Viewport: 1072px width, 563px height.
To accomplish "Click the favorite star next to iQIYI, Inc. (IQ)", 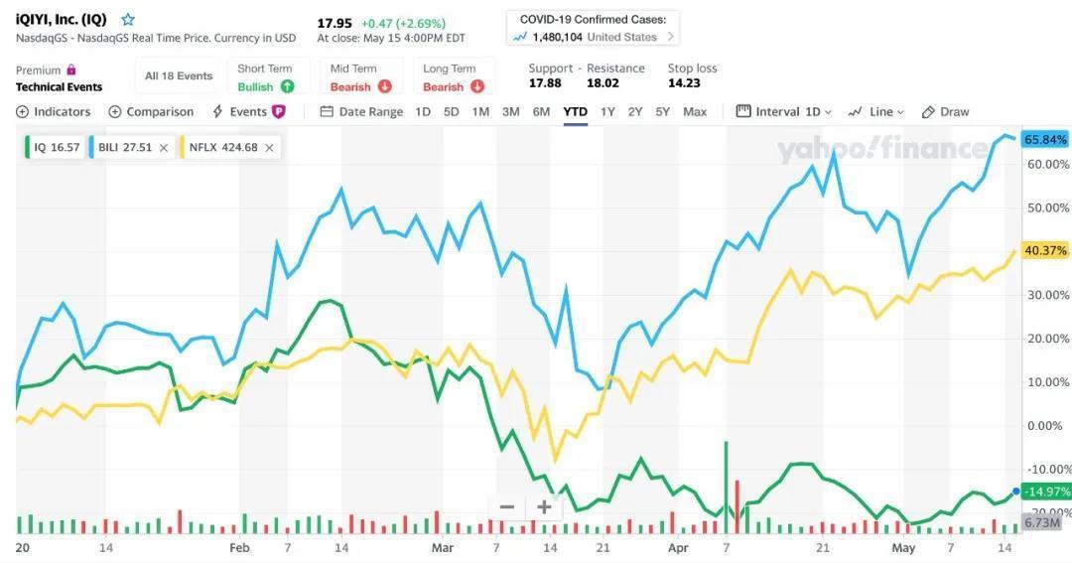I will pos(128,20).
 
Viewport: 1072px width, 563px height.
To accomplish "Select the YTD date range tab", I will pos(575,112).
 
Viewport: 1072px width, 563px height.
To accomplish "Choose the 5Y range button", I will pos(662,112).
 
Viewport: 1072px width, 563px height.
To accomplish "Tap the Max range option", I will pos(695,112).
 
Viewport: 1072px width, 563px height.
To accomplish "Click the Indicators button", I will pos(54,112).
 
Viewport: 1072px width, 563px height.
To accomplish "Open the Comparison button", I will pos(151,112).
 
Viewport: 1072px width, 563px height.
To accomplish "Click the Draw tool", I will pos(945,112).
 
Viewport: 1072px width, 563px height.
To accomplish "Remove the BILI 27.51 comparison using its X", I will pos(164,148).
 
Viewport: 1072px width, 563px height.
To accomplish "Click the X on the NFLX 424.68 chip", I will pos(269,148).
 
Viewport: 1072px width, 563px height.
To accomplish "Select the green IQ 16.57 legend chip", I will pos(56,148).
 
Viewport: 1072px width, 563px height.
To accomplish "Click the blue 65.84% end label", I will pos(1045,139).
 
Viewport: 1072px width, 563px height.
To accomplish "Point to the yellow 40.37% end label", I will pos(1045,251).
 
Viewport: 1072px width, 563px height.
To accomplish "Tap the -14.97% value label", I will pos(1045,492).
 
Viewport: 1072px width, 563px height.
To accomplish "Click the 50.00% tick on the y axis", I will pos(1049,208).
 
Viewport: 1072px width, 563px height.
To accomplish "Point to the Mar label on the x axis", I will pos(443,547).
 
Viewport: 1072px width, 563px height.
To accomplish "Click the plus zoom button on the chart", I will pos(544,507).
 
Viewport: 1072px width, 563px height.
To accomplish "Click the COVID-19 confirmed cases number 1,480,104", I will pos(557,37).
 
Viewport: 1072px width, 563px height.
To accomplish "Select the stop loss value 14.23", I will pos(685,83).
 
